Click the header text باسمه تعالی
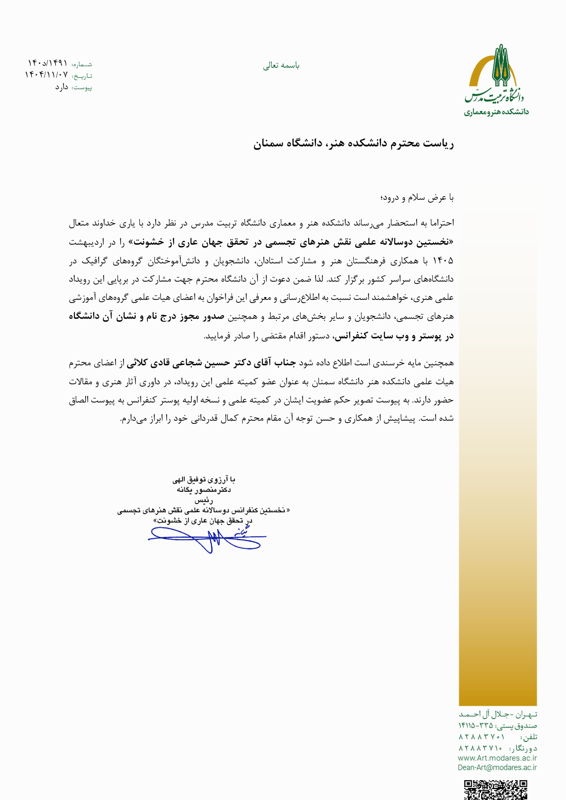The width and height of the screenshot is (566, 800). point(281,65)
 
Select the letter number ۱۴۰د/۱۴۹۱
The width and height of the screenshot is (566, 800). point(48,63)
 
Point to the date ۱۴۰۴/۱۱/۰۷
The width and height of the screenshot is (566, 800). point(46,75)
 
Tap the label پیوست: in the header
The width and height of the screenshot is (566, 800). point(82,87)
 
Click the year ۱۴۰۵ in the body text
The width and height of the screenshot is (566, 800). point(443,261)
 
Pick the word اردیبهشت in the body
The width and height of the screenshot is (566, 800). point(87,242)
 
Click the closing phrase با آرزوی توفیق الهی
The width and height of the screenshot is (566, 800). point(204,480)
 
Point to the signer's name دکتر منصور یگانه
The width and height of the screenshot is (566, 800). point(204,490)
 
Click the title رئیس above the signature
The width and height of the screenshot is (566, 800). point(204,500)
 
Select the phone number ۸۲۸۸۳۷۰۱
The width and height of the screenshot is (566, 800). point(481,737)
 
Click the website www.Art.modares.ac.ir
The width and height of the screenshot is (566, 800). point(497,758)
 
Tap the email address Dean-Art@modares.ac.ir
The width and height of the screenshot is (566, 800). point(497,767)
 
